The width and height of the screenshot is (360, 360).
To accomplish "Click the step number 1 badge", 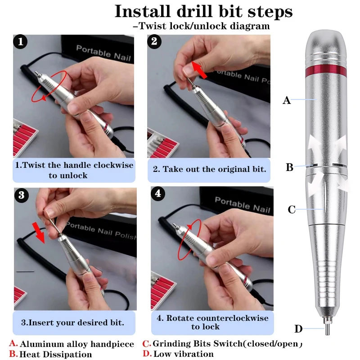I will click(x=21, y=43).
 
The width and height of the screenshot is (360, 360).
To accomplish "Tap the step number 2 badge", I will click(x=155, y=43).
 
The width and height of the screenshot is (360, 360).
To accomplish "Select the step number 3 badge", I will click(x=21, y=195).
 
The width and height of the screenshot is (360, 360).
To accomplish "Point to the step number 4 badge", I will click(x=157, y=194).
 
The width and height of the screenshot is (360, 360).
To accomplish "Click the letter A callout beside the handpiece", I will click(x=287, y=101).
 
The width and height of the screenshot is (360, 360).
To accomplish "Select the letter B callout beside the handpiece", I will click(x=289, y=168).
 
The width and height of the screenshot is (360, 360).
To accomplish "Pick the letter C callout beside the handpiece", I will click(x=292, y=210).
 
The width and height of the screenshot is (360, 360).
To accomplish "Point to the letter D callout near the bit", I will click(x=298, y=329).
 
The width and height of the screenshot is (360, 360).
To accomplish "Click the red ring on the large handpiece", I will click(x=326, y=71).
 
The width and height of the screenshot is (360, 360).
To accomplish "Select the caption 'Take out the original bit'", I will click(x=210, y=170).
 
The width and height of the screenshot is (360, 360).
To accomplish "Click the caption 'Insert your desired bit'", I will click(x=72, y=323).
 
